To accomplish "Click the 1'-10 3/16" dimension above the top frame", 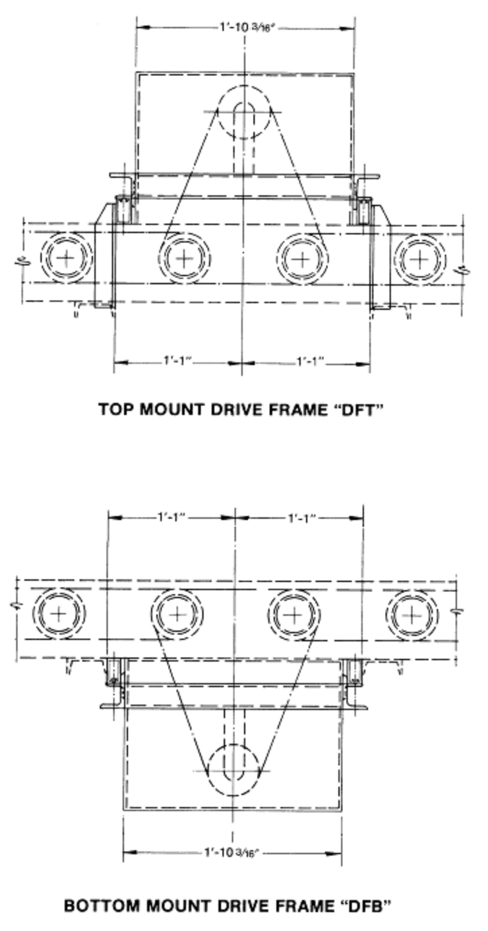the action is pyautogui.click(x=247, y=28).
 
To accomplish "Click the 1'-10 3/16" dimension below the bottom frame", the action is pyautogui.click(x=232, y=852).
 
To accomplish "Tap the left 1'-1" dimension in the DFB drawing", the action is pyautogui.click(x=171, y=517).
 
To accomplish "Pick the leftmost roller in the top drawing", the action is pyautogui.click(x=67, y=258).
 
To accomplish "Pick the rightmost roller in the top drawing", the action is pyautogui.click(x=420, y=259).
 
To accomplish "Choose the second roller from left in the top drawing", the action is pyautogui.click(x=184, y=259).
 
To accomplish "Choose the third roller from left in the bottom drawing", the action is pyautogui.click(x=294, y=615).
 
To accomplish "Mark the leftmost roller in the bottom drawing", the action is pyautogui.click(x=59, y=614).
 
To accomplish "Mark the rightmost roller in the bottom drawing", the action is pyautogui.click(x=411, y=615).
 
